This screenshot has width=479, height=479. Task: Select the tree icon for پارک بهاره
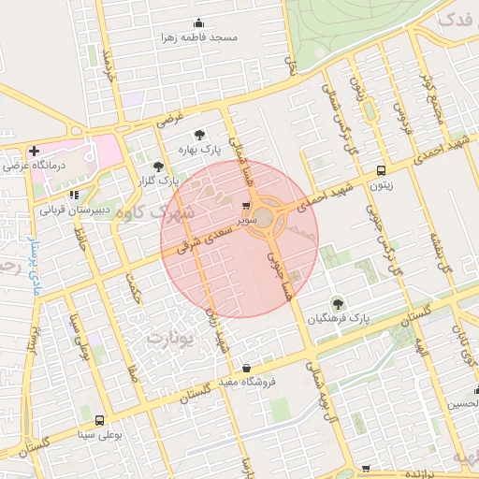[x=198, y=133]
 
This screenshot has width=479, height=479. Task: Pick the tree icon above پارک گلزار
[x=158, y=165]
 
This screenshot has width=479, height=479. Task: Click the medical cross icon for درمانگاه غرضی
[x=34, y=151]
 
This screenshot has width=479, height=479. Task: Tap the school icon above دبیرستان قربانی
[x=75, y=195]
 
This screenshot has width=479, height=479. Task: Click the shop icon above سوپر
[x=246, y=206]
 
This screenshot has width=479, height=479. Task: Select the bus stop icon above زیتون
[x=381, y=170]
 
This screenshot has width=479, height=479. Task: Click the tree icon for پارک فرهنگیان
[x=337, y=302]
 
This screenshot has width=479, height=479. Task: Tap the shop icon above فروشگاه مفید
[x=246, y=368]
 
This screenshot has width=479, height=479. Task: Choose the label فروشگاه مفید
[x=245, y=383]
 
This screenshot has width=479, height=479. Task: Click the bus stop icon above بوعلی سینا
[x=99, y=419]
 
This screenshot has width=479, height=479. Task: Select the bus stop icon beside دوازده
[x=367, y=468]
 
